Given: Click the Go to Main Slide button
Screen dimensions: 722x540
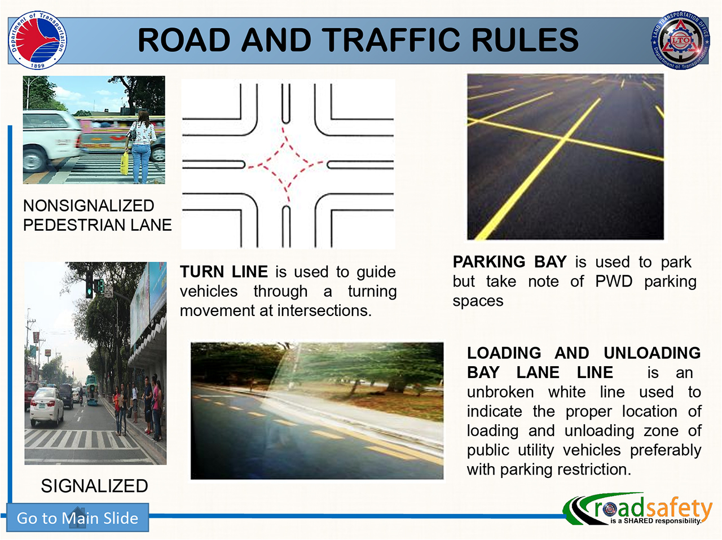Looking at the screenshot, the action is coord(78,517).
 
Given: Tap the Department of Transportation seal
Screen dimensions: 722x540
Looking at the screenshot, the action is coord(37,40).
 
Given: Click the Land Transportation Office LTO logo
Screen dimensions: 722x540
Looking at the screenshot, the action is coord(680,40).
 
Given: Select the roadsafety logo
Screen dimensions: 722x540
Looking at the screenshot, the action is coord(637,509).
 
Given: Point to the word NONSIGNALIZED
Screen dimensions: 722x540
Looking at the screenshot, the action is coord(89,205).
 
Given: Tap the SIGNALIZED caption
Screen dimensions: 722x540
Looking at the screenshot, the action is coord(95,486).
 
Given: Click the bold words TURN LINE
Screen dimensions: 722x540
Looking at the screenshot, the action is coord(224,272).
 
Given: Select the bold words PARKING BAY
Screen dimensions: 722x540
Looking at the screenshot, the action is coord(509,262).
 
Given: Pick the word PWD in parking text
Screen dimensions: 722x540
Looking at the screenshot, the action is coord(614,282).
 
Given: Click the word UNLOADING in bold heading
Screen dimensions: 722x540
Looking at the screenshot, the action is coord(652,353).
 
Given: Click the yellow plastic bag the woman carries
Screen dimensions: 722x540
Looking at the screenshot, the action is coord(124,163).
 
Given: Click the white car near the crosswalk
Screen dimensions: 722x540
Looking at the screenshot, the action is coord(47,407).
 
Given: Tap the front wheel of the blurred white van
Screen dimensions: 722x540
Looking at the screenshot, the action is coord(33,160).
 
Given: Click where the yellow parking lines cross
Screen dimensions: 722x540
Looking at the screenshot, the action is coord(564,139).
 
